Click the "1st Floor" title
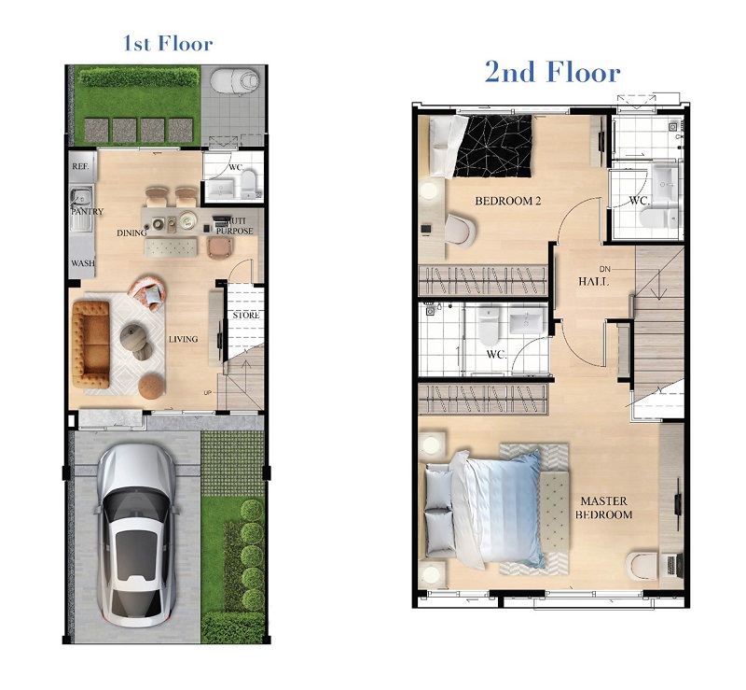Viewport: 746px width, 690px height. [168, 43]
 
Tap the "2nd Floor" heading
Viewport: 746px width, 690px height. [552, 73]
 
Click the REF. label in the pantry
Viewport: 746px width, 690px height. [80, 166]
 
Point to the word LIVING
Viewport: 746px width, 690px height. [183, 339]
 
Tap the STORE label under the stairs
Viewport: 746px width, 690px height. [246, 316]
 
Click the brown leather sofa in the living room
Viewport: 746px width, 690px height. [90, 344]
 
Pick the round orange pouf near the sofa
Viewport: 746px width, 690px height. [151, 386]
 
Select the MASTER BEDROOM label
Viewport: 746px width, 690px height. [603, 508]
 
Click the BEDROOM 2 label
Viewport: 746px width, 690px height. [507, 201]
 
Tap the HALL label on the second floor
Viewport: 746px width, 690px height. [593, 282]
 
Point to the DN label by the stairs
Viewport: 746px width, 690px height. [604, 269]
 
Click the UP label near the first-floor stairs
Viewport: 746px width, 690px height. [207, 393]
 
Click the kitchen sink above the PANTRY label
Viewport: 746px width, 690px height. [81, 197]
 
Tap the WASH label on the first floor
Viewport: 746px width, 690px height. [83, 263]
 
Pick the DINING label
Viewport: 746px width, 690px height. [131, 233]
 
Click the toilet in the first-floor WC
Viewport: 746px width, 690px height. [248, 185]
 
